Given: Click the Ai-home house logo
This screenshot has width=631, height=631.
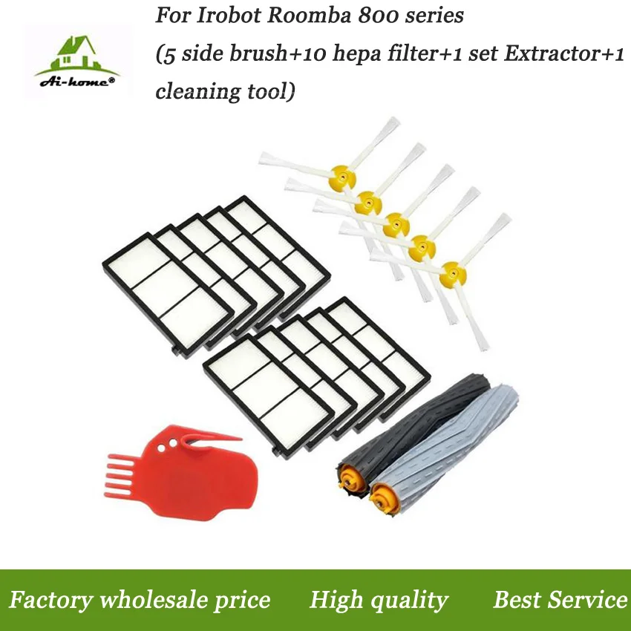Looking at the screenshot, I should (x=71, y=62).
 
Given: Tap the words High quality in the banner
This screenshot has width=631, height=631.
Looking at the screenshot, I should (x=379, y=600).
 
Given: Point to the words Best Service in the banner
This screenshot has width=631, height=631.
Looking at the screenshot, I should (x=560, y=600).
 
